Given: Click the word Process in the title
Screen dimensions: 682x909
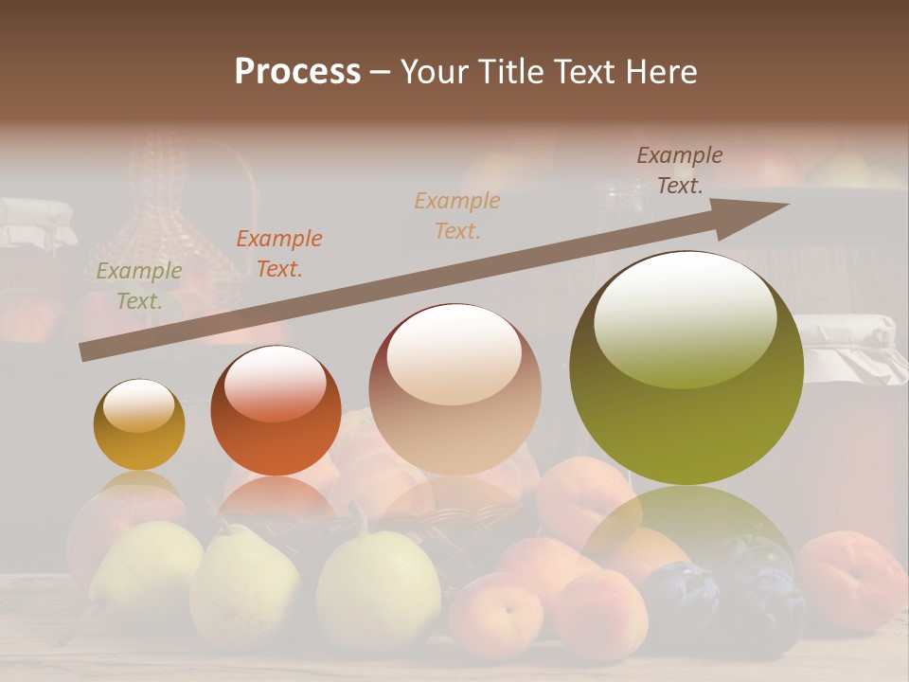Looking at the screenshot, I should pyautogui.click(x=297, y=72).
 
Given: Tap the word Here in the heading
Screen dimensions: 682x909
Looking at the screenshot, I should pyautogui.click(x=659, y=72).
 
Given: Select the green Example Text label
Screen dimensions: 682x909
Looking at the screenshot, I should pyautogui.click(x=139, y=286).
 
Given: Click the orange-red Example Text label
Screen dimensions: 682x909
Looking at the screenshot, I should pyautogui.click(x=279, y=254).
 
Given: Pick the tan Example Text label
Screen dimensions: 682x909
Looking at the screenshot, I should pyautogui.click(x=457, y=215).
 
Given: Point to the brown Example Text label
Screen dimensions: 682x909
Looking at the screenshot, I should pyautogui.click(x=680, y=170).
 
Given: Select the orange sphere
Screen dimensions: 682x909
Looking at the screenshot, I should pyautogui.click(x=276, y=411).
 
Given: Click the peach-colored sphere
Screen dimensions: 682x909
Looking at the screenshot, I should pyautogui.click(x=454, y=389).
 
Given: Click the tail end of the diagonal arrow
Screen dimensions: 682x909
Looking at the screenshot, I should pyautogui.click(x=87, y=351).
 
